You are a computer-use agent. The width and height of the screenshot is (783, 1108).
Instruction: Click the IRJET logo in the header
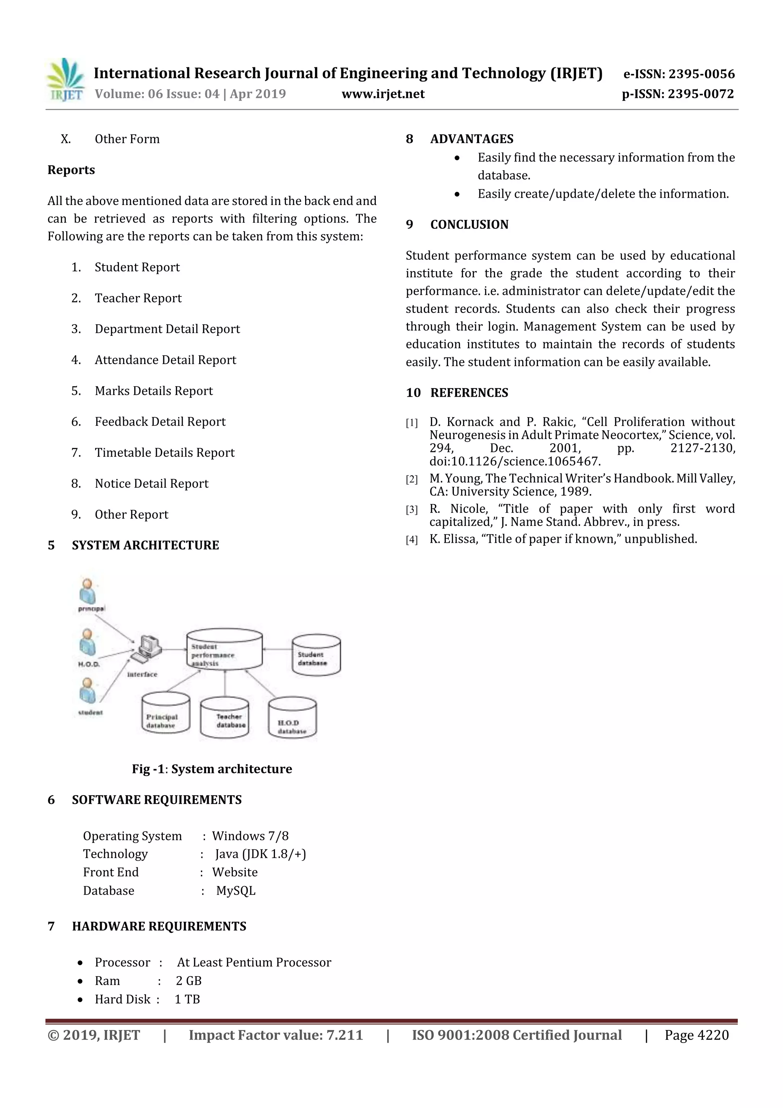pyautogui.click(x=66, y=80)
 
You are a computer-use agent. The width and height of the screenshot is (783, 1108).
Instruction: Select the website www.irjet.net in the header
pyautogui.click(x=383, y=94)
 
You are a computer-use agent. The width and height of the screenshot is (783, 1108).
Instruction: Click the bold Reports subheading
pyautogui.click(x=71, y=170)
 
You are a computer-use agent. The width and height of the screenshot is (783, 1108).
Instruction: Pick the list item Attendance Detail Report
pyautogui.click(x=165, y=360)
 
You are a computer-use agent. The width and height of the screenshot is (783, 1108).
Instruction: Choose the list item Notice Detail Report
pyautogui.click(x=151, y=483)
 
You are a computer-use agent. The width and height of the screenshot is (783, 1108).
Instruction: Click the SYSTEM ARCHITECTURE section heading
pyautogui.click(x=145, y=545)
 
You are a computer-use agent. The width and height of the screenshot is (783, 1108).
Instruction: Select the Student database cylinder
pyautogui.click(x=316, y=655)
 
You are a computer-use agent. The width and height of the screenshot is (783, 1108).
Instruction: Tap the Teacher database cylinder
pyautogui.click(x=225, y=718)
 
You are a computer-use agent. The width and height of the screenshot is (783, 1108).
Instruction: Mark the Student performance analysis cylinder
pyautogui.click(x=224, y=649)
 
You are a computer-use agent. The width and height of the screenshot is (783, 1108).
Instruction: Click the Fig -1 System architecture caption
pyautogui.click(x=212, y=769)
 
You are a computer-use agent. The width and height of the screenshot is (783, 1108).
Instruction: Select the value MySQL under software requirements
pyautogui.click(x=236, y=891)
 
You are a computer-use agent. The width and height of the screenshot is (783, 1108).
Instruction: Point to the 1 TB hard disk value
pyautogui.click(x=187, y=999)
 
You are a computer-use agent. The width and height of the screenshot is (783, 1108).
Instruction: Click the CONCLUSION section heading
pyautogui.click(x=469, y=225)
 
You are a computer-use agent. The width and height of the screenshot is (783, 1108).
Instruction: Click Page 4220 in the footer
pyautogui.click(x=696, y=1035)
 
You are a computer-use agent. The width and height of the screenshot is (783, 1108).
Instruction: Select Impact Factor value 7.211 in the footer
pyautogui.click(x=276, y=1035)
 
